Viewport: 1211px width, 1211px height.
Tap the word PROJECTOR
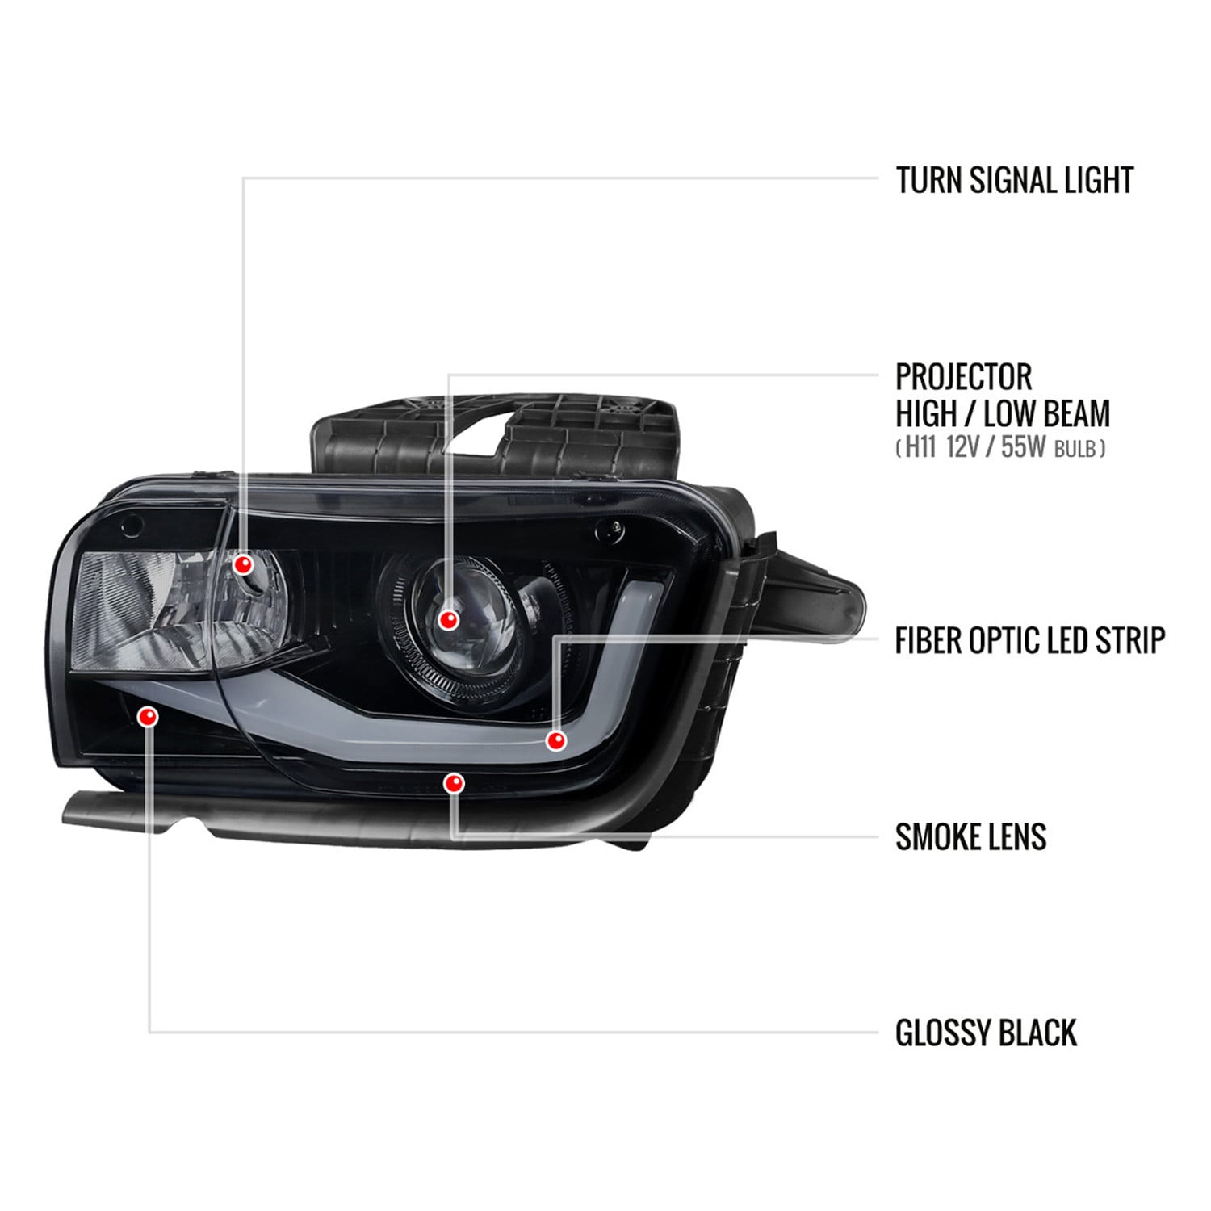coord(964,376)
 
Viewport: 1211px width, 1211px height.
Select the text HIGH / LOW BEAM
coord(1003,413)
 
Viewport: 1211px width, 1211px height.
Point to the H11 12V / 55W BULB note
coord(1000,447)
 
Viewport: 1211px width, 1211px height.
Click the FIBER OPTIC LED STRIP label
coord(1030,640)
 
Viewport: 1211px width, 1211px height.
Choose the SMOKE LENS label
coord(970,836)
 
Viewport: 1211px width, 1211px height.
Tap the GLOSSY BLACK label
coord(986,1033)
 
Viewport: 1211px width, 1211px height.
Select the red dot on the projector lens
coord(448,620)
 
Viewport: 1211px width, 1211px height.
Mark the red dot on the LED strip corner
coord(555,740)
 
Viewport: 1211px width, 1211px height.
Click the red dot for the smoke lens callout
coord(454,783)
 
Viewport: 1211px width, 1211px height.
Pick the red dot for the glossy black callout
coord(149,716)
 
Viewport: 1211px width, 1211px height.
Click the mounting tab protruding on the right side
coord(807,597)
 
